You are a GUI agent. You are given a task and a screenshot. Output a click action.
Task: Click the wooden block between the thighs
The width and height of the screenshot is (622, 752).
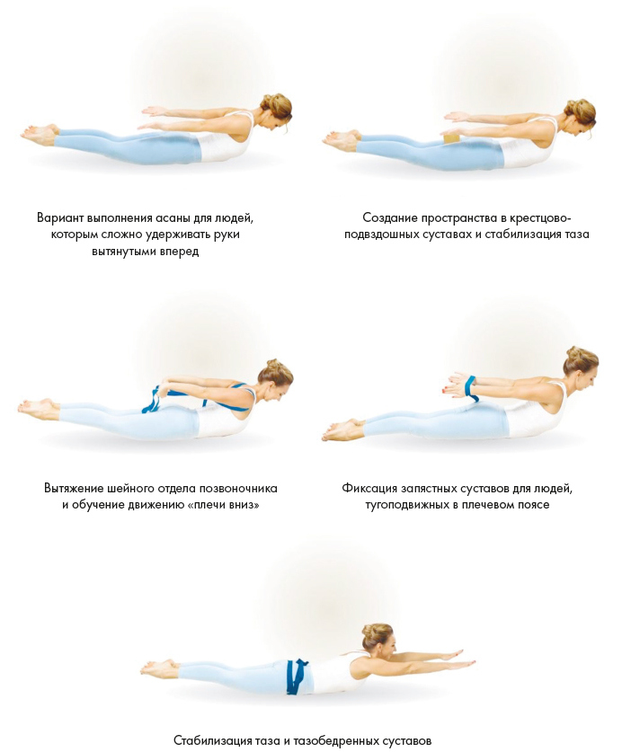pos(451,138)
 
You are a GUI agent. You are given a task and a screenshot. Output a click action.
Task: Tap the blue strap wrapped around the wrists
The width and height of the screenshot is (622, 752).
pos(471,388)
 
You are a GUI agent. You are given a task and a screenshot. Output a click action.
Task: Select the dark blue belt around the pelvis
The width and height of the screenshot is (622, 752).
pos(297,677)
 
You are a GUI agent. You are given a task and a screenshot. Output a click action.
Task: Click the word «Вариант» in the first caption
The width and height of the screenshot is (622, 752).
pos(61,218)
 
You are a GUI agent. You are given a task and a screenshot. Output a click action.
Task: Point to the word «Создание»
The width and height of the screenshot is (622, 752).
pos(390,218)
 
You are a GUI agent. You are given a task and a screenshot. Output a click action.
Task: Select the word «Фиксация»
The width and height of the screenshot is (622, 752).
pos(369,489)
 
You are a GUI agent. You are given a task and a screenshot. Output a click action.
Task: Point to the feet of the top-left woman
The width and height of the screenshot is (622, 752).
pos(40,133)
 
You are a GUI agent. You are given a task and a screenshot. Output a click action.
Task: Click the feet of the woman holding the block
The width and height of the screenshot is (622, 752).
pos(342,139)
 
